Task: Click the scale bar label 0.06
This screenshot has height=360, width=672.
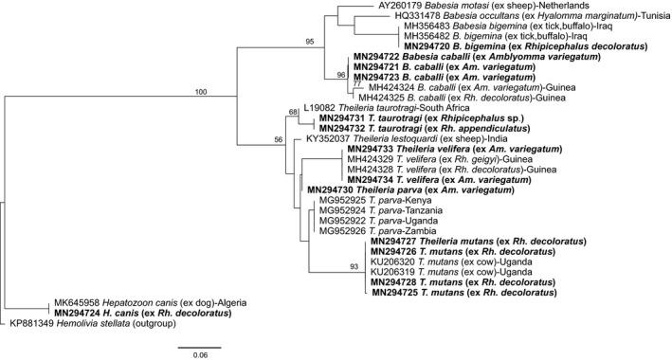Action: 199,354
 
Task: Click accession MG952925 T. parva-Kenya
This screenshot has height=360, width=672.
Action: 344,202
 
